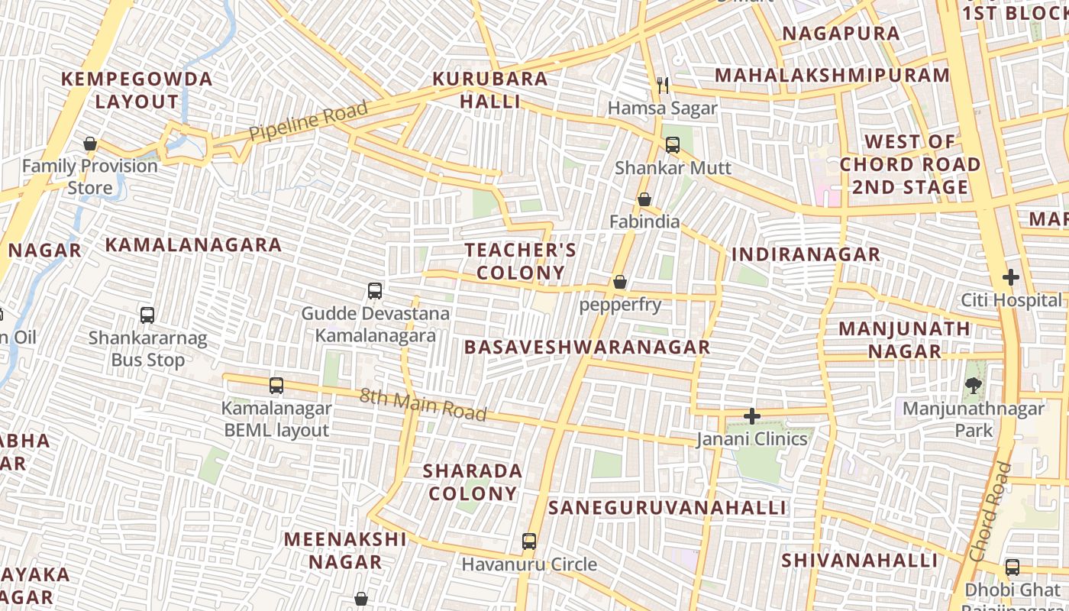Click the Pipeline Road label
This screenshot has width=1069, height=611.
309,121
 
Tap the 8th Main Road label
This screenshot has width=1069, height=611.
422,404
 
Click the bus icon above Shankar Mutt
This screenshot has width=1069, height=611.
673,144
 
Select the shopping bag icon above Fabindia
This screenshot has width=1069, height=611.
644,199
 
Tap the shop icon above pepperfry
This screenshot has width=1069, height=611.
620,283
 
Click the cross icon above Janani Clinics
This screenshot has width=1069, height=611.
752,416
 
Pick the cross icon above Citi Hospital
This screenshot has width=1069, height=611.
1011,277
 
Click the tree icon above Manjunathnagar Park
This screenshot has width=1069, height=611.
973,386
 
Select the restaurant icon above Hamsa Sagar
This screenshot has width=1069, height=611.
663,86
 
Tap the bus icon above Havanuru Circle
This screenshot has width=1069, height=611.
529,541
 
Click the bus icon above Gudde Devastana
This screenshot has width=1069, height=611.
375,291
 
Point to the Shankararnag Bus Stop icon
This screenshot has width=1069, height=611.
147,315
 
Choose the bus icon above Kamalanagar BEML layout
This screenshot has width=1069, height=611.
276,386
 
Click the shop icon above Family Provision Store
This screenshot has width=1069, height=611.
90,144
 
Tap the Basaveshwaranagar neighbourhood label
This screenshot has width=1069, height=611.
587,348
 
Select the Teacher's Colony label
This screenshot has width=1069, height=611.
521,261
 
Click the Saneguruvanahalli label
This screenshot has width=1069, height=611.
667,508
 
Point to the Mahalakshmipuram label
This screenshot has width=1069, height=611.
832,76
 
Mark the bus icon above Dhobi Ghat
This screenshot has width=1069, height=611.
1012,567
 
